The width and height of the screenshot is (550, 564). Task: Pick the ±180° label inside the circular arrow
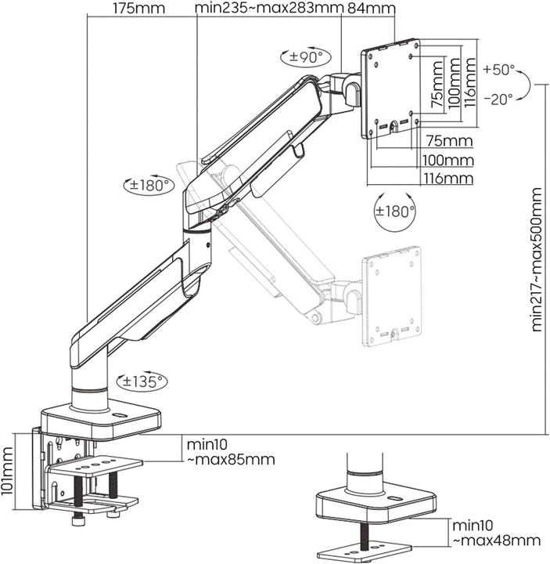tap(394, 211)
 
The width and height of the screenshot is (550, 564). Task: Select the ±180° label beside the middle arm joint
tap(149, 186)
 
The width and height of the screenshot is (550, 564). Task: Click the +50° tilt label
tap(498, 70)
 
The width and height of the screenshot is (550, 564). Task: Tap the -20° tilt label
tap(498, 99)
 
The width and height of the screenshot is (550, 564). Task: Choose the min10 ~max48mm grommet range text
tap(495, 533)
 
